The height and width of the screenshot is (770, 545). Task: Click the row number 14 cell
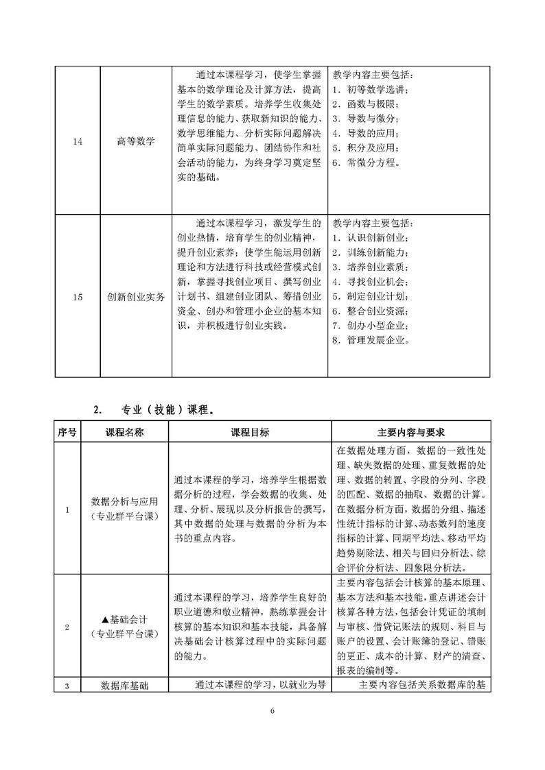click(77, 142)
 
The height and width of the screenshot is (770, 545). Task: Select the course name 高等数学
click(135, 142)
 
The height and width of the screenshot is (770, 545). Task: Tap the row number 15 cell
click(77, 297)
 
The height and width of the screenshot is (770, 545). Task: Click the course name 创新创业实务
click(135, 297)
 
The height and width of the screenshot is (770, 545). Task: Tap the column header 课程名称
click(124, 433)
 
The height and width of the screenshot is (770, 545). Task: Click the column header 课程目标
click(250, 433)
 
